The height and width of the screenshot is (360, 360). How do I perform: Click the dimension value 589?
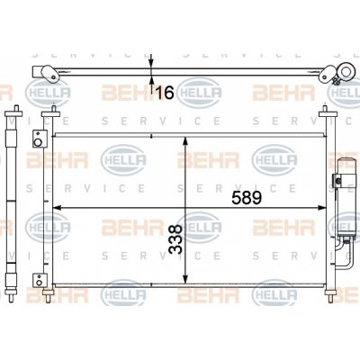(247, 198)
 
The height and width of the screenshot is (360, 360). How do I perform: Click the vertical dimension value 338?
(175, 239)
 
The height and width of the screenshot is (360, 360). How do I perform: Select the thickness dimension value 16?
(165, 93)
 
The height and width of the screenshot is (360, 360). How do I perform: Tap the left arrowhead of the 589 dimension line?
(57, 207)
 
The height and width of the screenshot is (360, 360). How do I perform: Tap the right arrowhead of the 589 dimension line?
(322, 207)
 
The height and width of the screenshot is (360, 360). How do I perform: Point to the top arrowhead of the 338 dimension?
(185, 141)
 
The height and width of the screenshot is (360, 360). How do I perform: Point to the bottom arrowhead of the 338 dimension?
(185, 279)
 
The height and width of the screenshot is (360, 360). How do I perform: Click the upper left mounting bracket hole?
(38, 142)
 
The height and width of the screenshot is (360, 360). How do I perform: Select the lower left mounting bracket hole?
(39, 283)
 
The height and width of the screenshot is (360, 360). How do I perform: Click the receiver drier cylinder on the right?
(347, 198)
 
